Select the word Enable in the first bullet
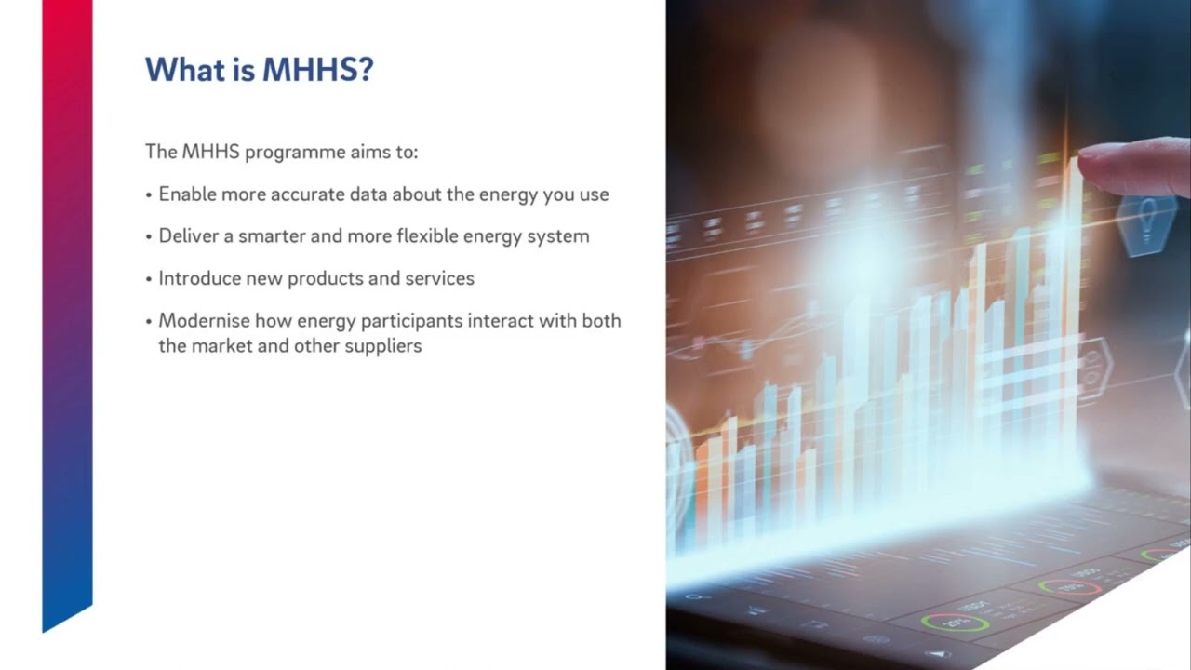(x=187, y=194)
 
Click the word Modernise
(x=203, y=321)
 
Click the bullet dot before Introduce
(x=149, y=279)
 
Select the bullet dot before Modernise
(x=149, y=322)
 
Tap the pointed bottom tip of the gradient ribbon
(x=45, y=630)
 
